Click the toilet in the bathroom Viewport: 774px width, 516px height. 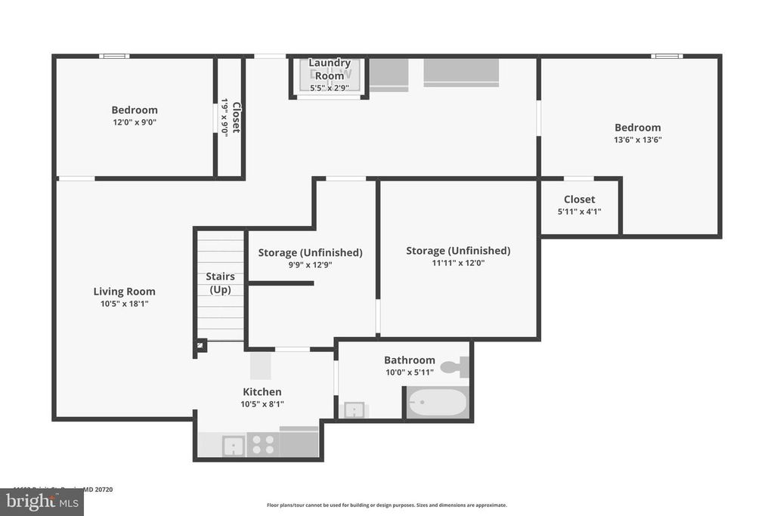456,368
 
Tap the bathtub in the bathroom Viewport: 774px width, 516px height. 438,402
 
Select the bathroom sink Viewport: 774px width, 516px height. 354,409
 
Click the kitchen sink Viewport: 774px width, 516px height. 234,445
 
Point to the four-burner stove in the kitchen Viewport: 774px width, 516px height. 263,444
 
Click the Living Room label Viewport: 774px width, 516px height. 125,292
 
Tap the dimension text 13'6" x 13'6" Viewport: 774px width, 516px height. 637,140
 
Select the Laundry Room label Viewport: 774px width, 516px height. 330,70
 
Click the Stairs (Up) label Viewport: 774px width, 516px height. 220,283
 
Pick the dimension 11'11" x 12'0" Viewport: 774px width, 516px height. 457,264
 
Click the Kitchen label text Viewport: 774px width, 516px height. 262,391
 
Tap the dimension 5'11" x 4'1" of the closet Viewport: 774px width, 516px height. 579,212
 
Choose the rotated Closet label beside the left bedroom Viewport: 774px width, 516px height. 236,117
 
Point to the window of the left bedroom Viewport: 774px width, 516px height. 115,56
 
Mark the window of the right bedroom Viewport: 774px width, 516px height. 667,56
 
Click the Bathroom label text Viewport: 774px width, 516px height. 409,360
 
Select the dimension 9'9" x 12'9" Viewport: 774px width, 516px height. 310,265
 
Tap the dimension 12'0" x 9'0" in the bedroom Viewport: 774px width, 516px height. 135,122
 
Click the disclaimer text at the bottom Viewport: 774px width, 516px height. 386,505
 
